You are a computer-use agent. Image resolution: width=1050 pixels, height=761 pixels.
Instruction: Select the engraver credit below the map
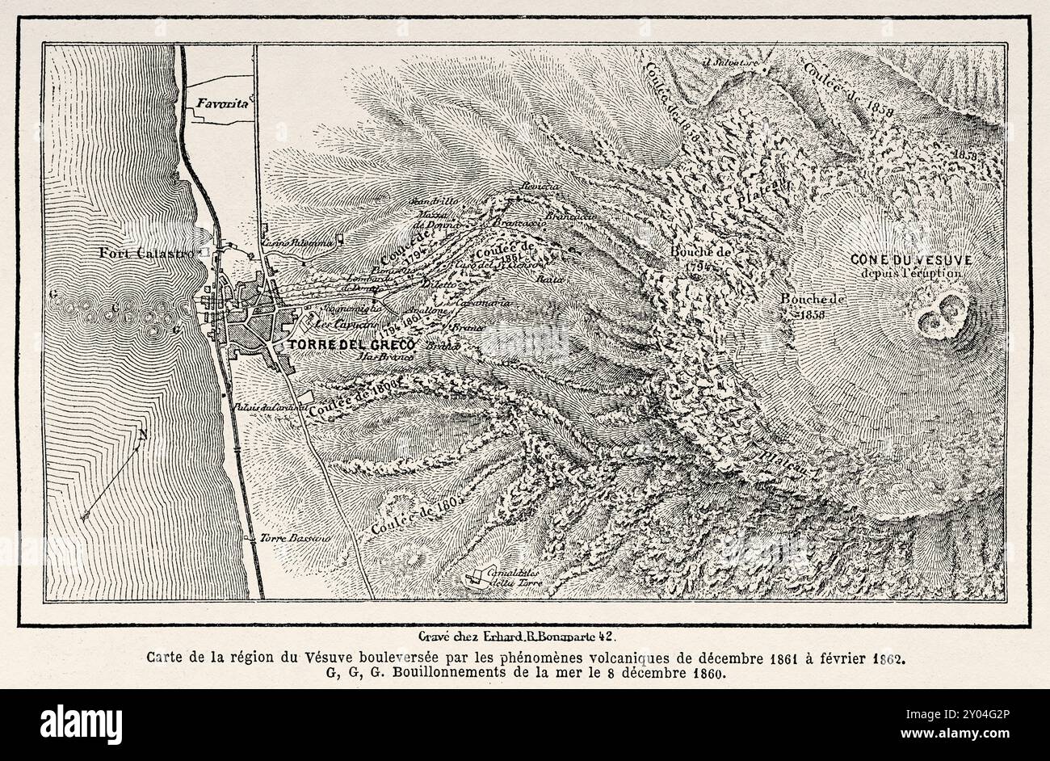click(523, 635)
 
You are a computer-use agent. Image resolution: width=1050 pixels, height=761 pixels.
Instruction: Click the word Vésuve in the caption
click(330, 657)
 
